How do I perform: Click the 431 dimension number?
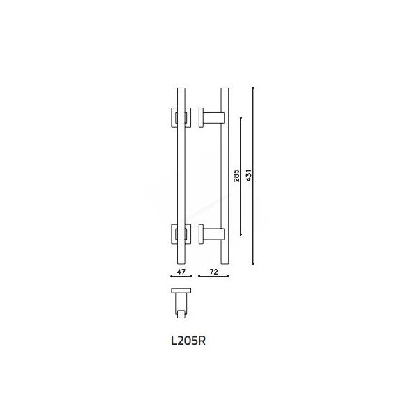pos(249,175)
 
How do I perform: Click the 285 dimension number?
pos(236,175)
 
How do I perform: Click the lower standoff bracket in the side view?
pos(211,234)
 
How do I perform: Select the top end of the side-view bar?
pos(224,90)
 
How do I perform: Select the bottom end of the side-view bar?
pos(224,262)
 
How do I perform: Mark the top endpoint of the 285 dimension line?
pos(241,117)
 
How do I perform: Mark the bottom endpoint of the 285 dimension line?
pos(241,234)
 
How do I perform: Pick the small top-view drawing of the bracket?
pos(181,303)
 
